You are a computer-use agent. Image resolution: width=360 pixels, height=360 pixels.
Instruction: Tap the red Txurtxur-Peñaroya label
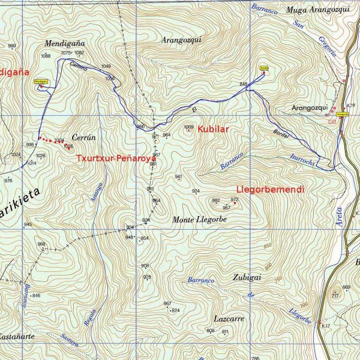click(116, 159)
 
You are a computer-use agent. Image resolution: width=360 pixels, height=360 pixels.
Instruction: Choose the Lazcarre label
click(229, 319)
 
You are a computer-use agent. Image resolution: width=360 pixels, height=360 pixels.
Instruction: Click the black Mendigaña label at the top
click(65, 44)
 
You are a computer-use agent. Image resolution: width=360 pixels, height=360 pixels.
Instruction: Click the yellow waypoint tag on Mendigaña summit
click(40, 81)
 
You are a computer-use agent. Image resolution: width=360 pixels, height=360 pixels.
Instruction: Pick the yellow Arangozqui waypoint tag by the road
click(343, 112)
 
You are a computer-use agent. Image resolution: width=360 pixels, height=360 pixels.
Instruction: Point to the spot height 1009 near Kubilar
click(189, 127)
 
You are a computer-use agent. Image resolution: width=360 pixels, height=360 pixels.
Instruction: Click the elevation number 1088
click(46, 56)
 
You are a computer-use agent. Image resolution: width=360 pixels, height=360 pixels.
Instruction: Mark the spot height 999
click(12, 46)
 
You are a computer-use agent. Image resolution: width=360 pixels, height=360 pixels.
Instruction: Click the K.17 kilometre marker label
click(326, 326)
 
